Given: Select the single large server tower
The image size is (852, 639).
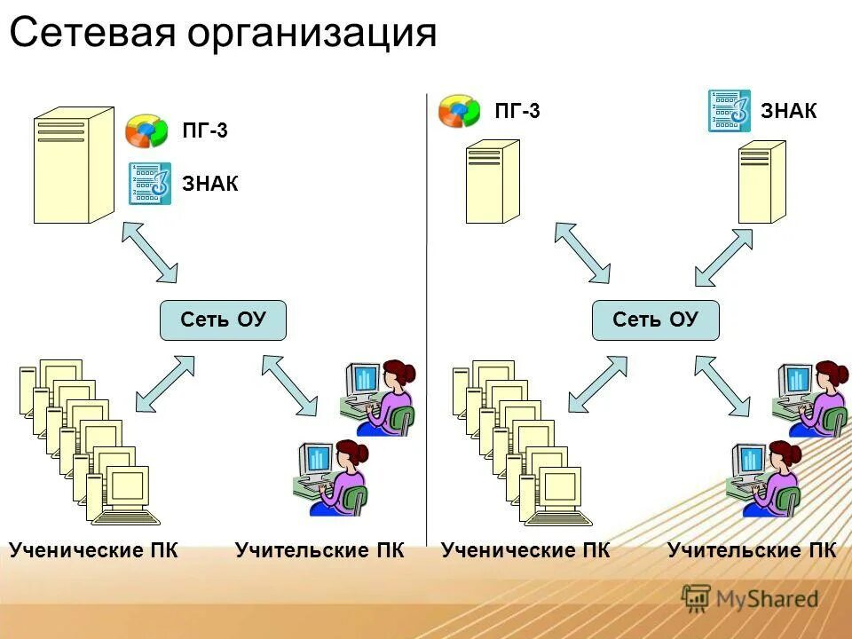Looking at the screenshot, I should [x=74, y=166].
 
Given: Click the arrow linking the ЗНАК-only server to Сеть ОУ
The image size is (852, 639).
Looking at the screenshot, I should [x=722, y=257].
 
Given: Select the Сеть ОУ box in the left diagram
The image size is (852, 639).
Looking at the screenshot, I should [x=223, y=320].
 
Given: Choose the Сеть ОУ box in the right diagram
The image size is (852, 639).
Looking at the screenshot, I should [x=655, y=320].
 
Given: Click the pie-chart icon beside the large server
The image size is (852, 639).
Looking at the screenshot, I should [x=146, y=130].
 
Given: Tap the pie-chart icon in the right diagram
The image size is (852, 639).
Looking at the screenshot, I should [x=459, y=112].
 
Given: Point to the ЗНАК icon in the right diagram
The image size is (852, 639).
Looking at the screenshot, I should [x=729, y=111].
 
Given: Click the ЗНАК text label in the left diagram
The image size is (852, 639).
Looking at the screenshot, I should [x=210, y=184].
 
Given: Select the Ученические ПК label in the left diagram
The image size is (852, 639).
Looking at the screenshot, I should [x=94, y=550].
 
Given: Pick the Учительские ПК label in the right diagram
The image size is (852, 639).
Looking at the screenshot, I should [x=751, y=550].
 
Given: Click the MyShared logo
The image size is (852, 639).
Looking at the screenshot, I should [x=750, y=598].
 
